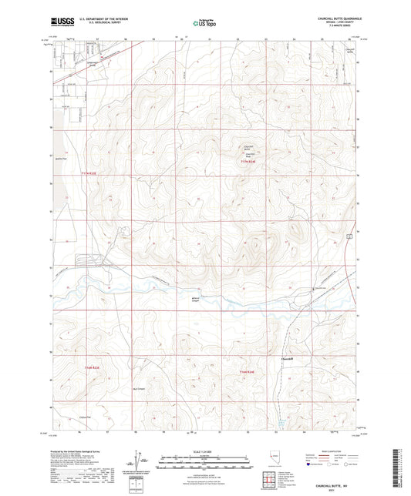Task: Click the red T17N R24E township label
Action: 247,162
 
